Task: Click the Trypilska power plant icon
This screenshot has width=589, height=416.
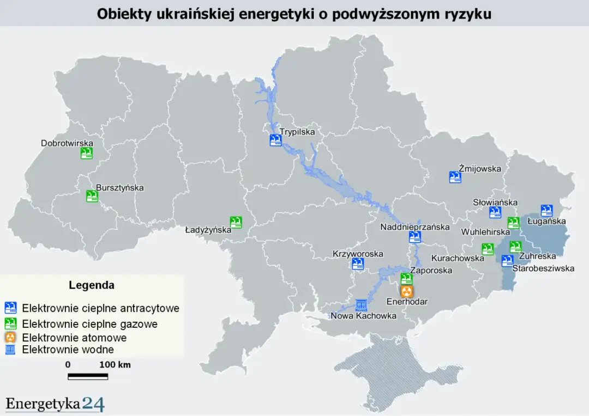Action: [275, 140]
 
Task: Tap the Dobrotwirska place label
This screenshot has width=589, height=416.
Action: [67, 144]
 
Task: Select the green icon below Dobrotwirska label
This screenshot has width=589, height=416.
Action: [86, 154]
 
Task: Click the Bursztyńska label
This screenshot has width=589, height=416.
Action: [120, 188]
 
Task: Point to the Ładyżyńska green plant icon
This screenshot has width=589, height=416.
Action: [236, 222]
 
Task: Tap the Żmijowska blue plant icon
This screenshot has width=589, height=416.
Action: [455, 177]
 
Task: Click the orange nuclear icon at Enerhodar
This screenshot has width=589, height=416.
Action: [407, 291]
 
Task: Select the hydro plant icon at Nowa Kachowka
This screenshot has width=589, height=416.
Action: [360, 305]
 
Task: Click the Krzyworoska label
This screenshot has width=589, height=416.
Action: [358, 254]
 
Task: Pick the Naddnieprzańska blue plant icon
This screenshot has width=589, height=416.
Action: [415, 237]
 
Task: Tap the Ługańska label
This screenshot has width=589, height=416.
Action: [547, 222]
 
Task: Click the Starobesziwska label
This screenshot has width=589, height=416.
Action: [544, 268]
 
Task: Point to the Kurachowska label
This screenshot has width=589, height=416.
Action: [457, 258]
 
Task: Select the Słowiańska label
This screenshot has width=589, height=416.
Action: [495, 203]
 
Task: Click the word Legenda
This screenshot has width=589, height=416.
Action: [92, 285]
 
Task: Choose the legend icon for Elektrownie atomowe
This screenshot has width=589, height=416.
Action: [10, 338]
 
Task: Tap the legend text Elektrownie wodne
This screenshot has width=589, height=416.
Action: [68, 350]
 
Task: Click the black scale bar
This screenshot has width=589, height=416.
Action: [88, 376]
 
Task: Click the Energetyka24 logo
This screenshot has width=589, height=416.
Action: [55, 404]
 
